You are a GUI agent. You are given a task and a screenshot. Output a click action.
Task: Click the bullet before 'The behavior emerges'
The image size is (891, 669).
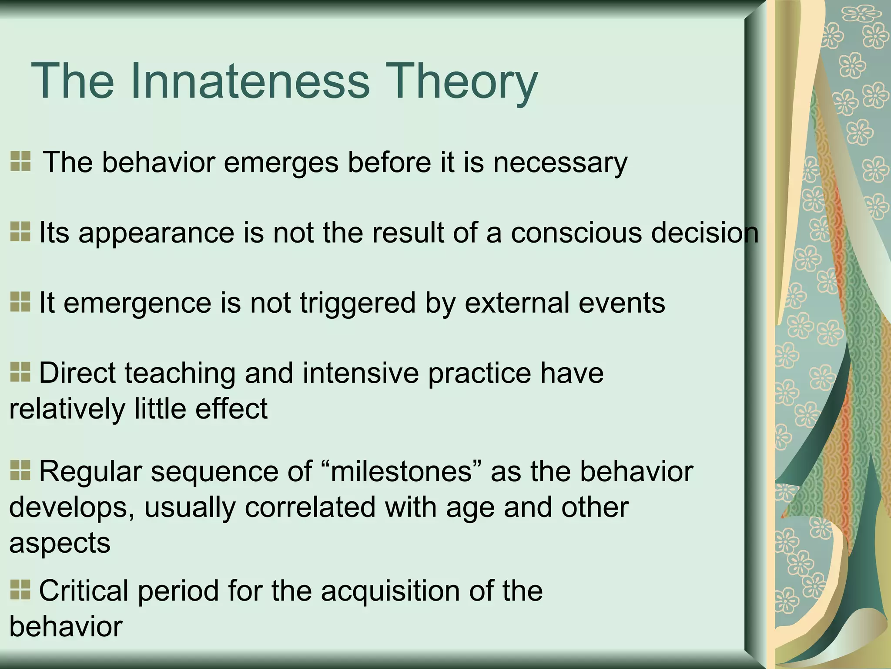[x=20, y=161]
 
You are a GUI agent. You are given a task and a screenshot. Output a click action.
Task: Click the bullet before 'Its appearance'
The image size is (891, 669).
[x=20, y=231]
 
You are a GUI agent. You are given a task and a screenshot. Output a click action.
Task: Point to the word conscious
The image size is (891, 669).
[x=576, y=233]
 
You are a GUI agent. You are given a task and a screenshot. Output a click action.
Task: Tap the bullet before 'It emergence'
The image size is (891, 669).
[x=20, y=301]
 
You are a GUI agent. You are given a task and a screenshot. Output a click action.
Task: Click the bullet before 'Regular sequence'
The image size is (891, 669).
[x=20, y=470]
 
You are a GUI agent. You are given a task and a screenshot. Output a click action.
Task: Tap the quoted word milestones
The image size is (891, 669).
[x=401, y=472]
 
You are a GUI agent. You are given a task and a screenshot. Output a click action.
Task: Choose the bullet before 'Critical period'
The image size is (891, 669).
[x=20, y=589]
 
